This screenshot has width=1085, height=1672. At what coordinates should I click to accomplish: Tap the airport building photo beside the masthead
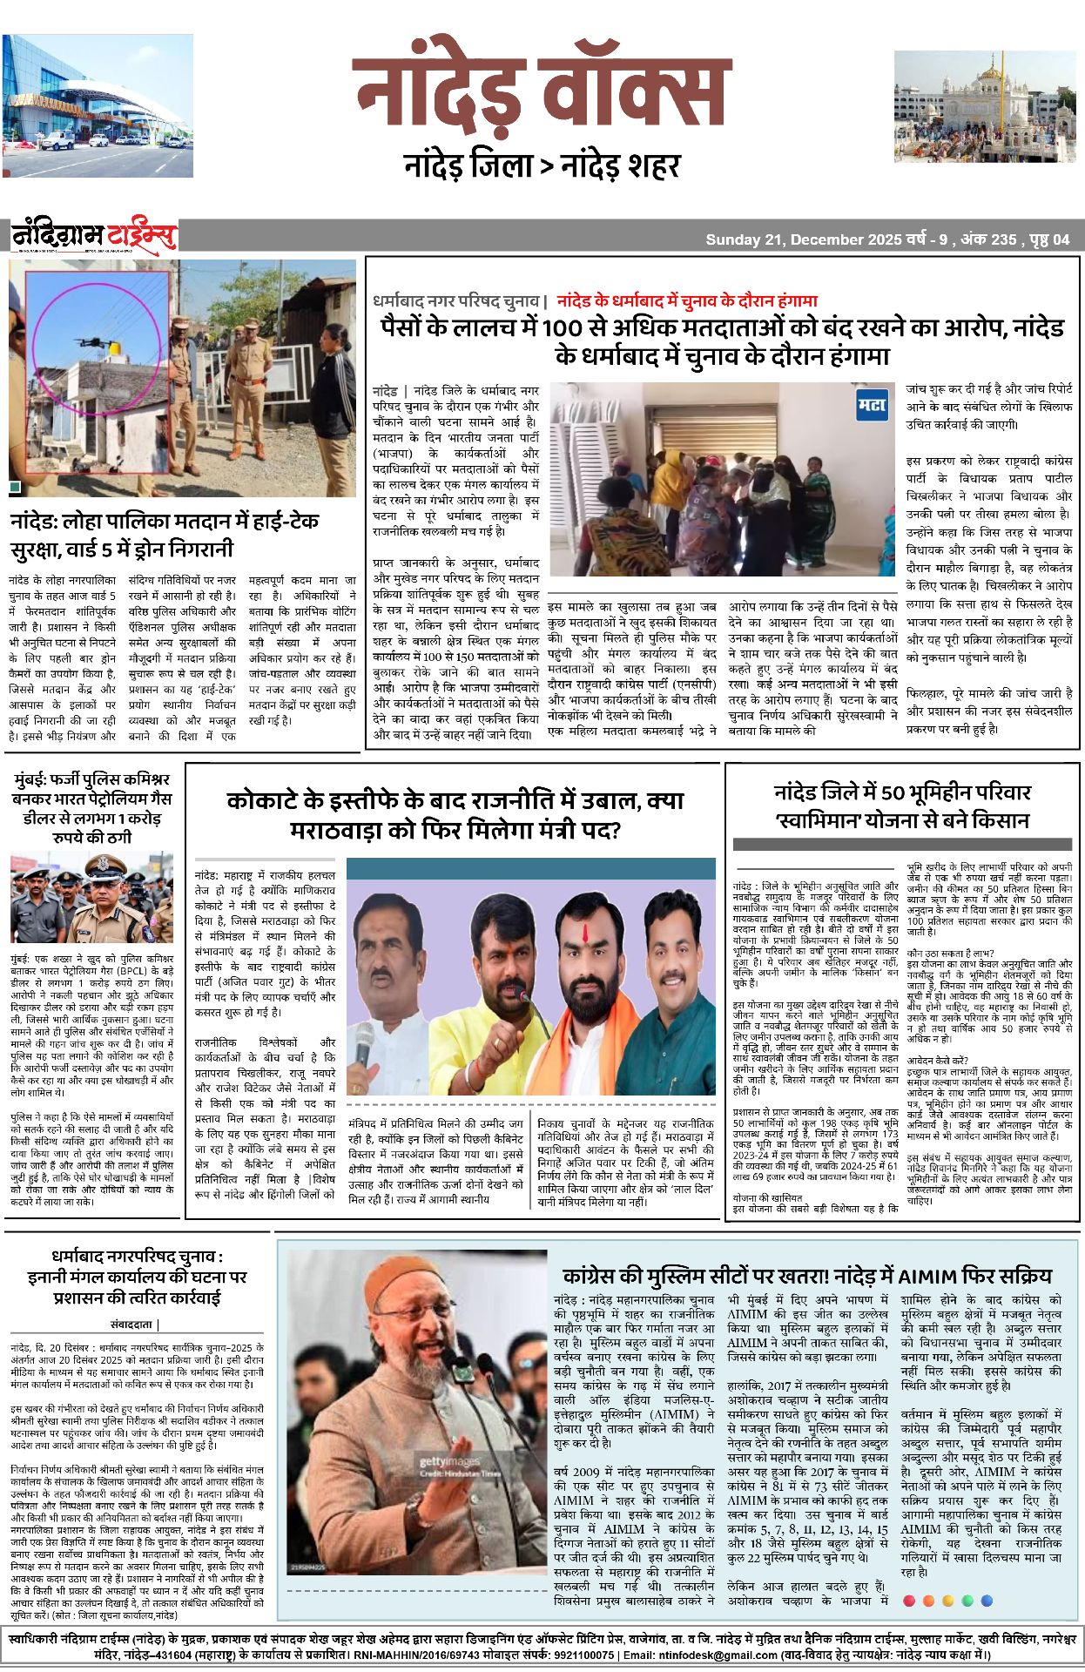pos(98,106)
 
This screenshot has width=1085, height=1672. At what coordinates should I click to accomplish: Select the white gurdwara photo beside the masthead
pos(985,107)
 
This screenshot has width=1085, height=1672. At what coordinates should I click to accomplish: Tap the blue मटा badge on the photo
pos(872,405)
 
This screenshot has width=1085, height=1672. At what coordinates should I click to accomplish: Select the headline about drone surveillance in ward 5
pos(165,535)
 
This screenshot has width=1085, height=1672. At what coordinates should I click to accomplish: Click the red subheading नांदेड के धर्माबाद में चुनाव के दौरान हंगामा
pos(687,301)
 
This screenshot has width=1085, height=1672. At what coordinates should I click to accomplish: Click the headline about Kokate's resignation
pos(455,814)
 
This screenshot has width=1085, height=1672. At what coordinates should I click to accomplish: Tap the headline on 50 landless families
pos(902,806)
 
